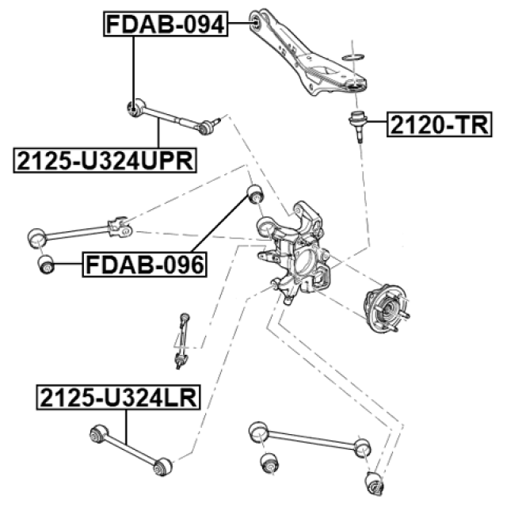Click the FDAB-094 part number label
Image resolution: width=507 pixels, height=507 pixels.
(x=166, y=24)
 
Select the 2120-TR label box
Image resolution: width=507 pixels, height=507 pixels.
(x=439, y=124)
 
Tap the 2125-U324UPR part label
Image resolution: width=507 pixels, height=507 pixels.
(x=105, y=160)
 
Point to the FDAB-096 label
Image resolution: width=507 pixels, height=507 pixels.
(x=144, y=265)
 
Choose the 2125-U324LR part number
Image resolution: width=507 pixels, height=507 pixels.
(x=118, y=398)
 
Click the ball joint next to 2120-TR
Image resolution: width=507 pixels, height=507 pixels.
(x=358, y=125)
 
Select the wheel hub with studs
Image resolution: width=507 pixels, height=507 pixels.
(x=387, y=308)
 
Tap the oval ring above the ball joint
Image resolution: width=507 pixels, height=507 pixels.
(x=353, y=57)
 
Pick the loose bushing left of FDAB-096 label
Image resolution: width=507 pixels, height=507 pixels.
(x=46, y=265)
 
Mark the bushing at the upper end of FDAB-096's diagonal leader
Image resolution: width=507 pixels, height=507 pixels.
(x=255, y=193)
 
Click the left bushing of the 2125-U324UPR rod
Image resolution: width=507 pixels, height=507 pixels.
(x=135, y=108)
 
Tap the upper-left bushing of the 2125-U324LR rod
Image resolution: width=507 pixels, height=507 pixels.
(x=98, y=434)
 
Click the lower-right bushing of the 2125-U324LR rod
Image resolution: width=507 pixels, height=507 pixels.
(x=162, y=467)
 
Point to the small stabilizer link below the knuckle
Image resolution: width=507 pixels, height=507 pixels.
(x=181, y=341)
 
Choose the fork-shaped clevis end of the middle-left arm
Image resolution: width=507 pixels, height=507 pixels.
(x=120, y=227)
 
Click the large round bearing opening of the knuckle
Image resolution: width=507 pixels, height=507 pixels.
(x=304, y=260)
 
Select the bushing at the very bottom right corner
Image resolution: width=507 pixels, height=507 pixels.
(x=375, y=483)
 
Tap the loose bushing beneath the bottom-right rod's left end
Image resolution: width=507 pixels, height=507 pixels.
(x=269, y=463)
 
